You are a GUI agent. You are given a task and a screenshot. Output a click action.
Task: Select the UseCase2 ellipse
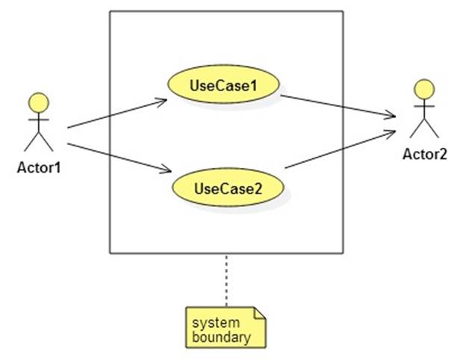pos(229,187)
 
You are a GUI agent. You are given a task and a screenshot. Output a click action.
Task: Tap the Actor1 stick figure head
pos(38,102)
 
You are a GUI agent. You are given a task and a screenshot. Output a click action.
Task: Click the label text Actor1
pos(38,167)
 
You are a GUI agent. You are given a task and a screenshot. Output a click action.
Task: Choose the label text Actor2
pos(424,155)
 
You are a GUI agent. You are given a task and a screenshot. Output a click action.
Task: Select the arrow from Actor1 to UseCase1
pos(116,113)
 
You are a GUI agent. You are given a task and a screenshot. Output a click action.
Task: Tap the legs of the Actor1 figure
pos(38,142)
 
